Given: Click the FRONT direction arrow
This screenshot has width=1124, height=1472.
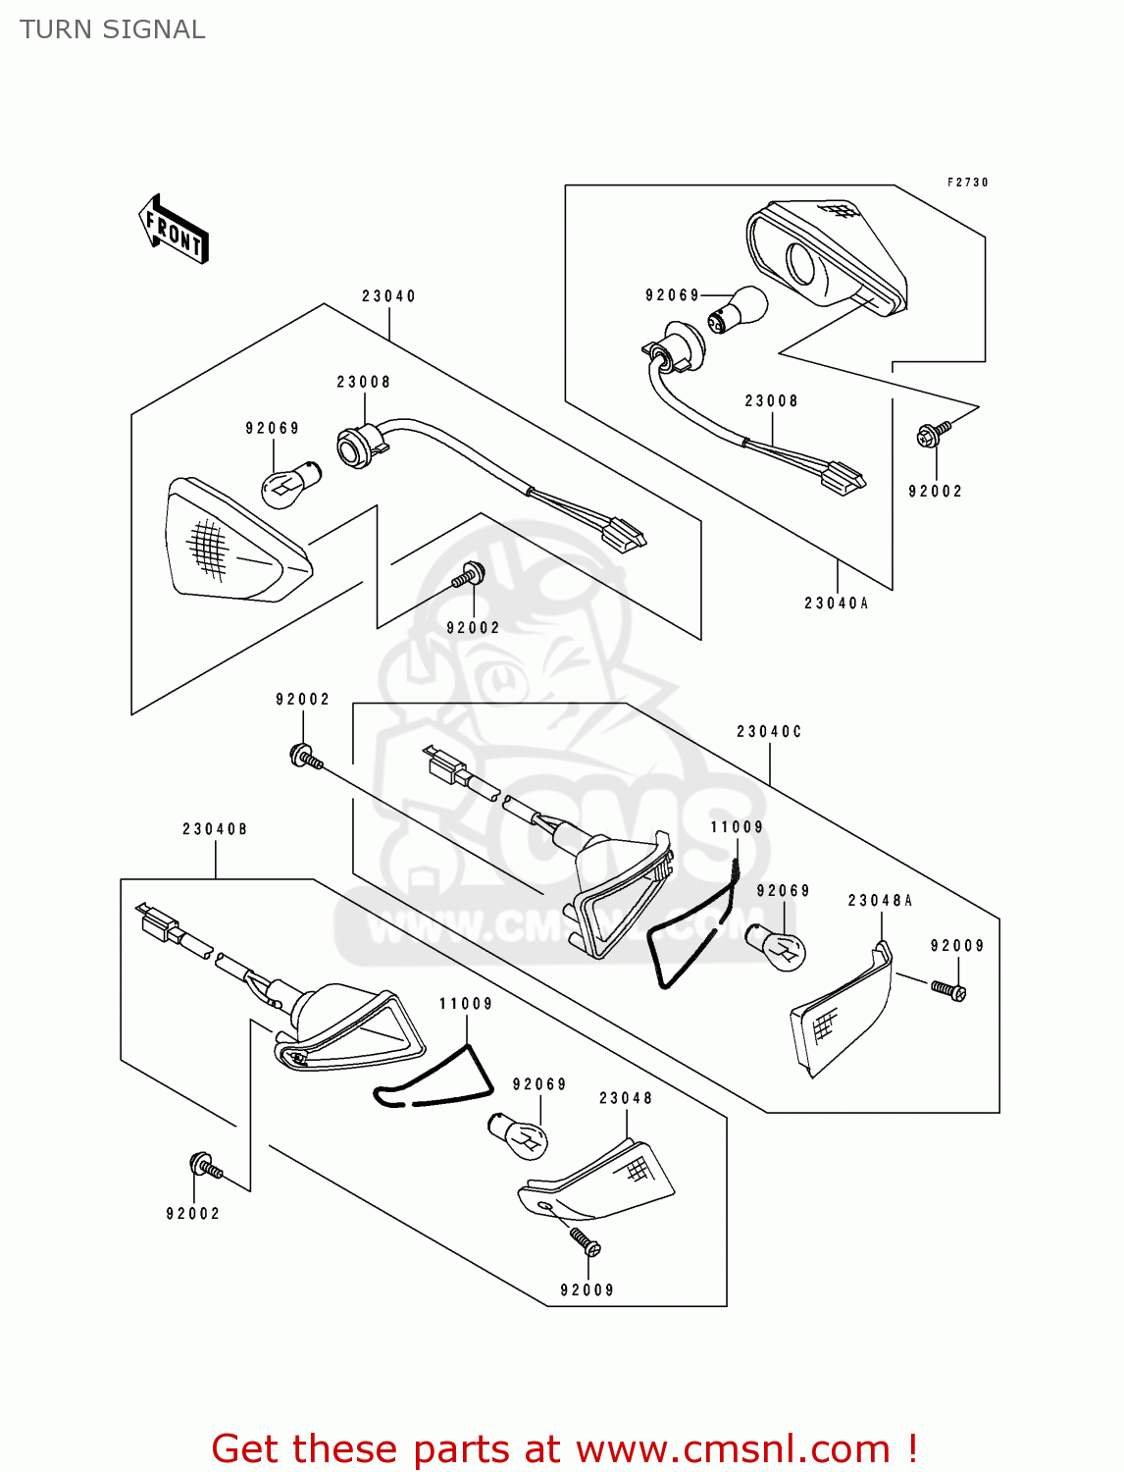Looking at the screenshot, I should coord(175,229).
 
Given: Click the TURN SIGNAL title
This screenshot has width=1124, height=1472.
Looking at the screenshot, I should coord(113,30).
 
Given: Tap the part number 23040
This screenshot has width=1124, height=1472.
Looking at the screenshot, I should coord(388,296).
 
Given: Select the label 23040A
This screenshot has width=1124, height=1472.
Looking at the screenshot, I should coord(836,604).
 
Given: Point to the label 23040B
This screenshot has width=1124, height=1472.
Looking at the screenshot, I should coord(215,829).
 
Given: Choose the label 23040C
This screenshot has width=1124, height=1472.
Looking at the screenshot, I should coord(769,732).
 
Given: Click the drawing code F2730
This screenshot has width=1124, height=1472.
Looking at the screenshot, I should coord(967,183).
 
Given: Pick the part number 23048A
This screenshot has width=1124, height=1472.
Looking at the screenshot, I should coord(880,901).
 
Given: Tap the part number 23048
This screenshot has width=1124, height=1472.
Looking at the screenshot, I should coord(626,1098).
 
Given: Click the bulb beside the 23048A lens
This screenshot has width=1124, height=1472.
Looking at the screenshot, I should coord(777,947).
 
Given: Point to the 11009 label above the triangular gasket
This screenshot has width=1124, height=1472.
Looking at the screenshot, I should coord(466,1004).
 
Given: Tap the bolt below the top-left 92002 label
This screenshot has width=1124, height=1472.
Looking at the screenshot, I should coord(304,757).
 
